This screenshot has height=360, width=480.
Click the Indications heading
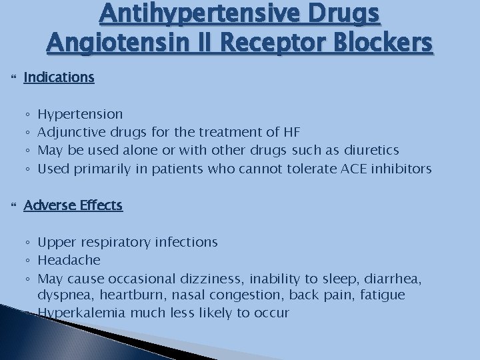[x=59, y=77]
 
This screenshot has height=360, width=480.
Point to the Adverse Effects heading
[x=73, y=205]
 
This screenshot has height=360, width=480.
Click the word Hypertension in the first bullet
[x=81, y=115]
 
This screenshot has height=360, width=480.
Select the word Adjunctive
[x=70, y=133]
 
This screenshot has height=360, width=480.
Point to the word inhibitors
[x=408, y=169]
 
